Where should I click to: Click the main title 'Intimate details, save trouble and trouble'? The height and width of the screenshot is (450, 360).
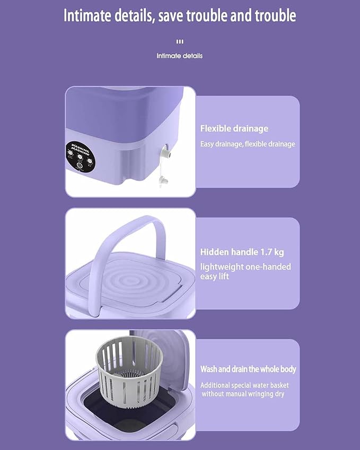coord(180,15)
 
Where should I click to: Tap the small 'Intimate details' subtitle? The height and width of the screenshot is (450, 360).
coord(179,56)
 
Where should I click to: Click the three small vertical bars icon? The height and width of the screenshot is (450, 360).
coord(180,41)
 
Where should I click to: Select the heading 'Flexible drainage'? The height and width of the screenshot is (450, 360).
coord(234,128)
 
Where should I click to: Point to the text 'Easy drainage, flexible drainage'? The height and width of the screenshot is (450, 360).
coord(248,144)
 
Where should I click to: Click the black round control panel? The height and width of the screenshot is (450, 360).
coord(80,157)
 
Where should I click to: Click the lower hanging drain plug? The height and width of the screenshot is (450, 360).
coord(163,181)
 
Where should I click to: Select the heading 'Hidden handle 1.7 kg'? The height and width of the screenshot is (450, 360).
coord(242,252)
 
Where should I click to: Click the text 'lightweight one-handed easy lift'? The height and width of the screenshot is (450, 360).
coord(245,272)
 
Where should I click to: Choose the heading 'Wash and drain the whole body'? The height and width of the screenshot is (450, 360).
coord(248,369)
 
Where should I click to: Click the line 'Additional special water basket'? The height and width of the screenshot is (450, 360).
coord(244,385)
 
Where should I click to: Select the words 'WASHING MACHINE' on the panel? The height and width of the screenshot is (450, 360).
coord(80,149)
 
